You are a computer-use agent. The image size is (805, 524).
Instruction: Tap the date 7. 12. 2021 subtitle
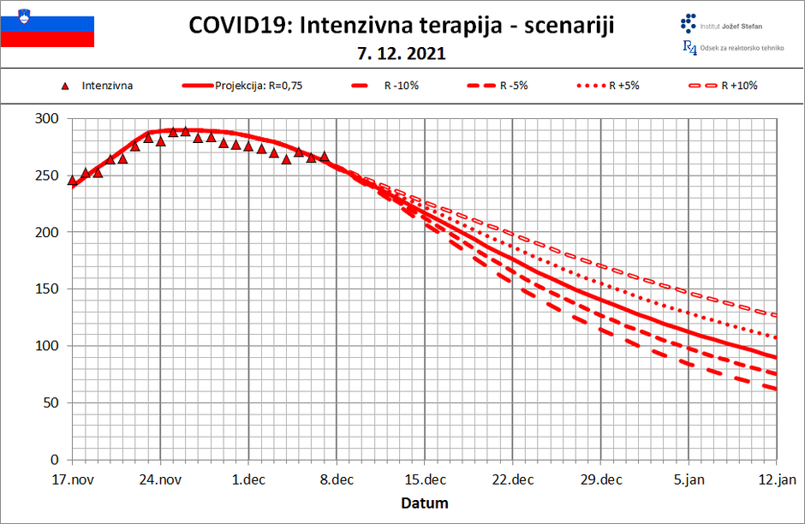[x=402, y=53]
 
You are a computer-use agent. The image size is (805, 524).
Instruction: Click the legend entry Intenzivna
[x=107, y=86]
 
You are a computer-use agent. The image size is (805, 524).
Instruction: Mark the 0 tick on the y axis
[x=55, y=460]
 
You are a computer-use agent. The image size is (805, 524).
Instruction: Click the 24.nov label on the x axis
[x=160, y=479]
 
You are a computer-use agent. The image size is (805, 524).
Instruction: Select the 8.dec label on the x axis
[x=337, y=479]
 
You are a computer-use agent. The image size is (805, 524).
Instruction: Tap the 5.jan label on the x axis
[x=689, y=479]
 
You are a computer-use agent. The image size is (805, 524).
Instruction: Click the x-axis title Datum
[x=425, y=503]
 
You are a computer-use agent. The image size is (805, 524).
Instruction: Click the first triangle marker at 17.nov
[x=72, y=180]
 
